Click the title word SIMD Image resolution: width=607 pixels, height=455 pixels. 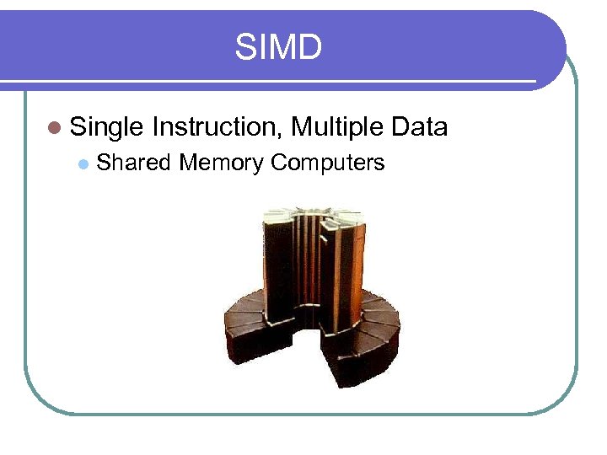pyautogui.click(x=278, y=47)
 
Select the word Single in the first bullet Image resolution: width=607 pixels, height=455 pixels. pyautogui.click(x=107, y=127)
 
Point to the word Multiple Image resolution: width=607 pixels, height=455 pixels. pyautogui.click(x=336, y=127)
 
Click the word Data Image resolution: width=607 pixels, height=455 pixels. pyautogui.click(x=419, y=127)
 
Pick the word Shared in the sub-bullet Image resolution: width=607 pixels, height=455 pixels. pyautogui.click(x=133, y=163)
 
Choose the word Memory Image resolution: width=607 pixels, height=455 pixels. pyautogui.click(x=222, y=163)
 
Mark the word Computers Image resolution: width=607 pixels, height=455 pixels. pyautogui.click(x=328, y=163)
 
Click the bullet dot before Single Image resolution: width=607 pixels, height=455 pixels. pyautogui.click(x=56, y=128)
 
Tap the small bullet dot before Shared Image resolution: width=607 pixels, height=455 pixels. pyautogui.click(x=82, y=163)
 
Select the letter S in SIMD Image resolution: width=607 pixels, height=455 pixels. pyautogui.click(x=244, y=47)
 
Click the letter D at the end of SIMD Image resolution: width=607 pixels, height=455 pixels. pyautogui.click(x=309, y=47)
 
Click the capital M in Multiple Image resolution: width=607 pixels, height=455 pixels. pyautogui.click(x=299, y=127)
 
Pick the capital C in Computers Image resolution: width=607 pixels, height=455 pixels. pyautogui.click(x=278, y=163)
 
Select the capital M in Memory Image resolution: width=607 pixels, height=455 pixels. pyautogui.click(x=186, y=163)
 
